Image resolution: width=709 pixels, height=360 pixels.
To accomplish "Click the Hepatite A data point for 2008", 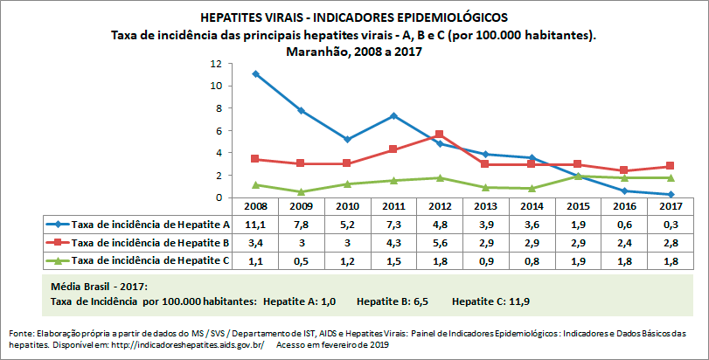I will [255, 73].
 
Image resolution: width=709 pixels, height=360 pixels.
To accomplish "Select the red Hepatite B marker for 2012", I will [439, 135].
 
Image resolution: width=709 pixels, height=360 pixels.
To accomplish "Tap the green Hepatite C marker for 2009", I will [301, 191].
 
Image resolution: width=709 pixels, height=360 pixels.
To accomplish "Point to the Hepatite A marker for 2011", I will [393, 115].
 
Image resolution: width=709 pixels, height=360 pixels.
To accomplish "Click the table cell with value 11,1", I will [255, 225].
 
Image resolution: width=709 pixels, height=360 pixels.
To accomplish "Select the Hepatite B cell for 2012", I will [439, 241].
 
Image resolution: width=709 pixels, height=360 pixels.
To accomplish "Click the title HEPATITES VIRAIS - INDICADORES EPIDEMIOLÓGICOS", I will [354, 17].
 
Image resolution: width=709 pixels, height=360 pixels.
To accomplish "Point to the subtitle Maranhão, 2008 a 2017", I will [354, 51].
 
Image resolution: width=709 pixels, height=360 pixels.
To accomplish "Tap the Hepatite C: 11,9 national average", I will [490, 301].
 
